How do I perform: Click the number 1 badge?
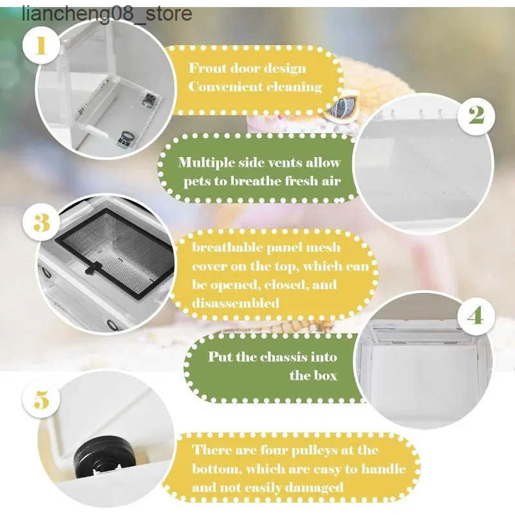click(x=41, y=46)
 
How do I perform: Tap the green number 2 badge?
click(x=476, y=115)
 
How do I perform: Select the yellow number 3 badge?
click(x=41, y=222)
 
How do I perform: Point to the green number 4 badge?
click(x=476, y=316)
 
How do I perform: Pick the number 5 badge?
click(x=41, y=399)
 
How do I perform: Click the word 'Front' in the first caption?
click(x=207, y=68)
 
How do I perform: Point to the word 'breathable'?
click(x=227, y=247)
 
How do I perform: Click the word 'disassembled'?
click(x=236, y=303)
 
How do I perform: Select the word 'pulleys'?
click(x=314, y=451)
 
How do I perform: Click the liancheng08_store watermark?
click(x=107, y=14)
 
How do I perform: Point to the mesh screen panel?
click(x=115, y=254)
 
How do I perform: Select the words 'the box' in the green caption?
click(x=313, y=375)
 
